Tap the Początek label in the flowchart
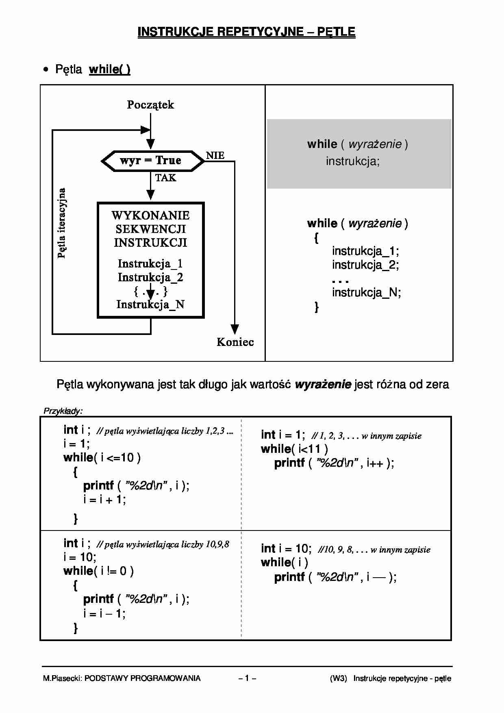coord(150,105)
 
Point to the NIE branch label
coord(215,156)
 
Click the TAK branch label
coord(165,178)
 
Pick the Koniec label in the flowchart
coord(235,342)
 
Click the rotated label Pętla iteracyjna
coord(62,223)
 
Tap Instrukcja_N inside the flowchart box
coord(150,304)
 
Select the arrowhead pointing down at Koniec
coord(235,329)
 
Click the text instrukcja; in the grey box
coord(353,161)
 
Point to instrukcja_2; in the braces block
coord(365,265)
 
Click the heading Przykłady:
coord(63,411)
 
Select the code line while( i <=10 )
coord(102,458)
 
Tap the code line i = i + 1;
coord(105,499)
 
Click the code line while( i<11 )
coord(294,449)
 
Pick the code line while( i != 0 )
coord(99,571)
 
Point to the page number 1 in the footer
coord(247,678)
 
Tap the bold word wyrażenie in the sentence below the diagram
coord(323,385)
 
